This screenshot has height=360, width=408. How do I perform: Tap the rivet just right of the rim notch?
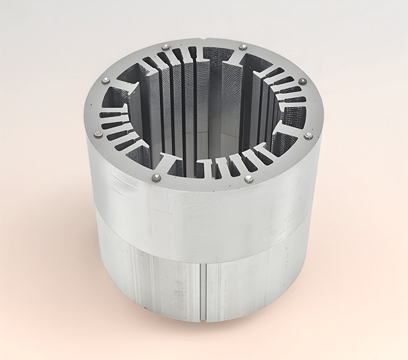coord(242,47)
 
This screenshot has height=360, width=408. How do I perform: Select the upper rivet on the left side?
coord(106,79)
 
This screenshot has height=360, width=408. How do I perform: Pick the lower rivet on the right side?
coord(308,136)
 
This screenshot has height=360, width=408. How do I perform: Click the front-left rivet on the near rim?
coord(157,176)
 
